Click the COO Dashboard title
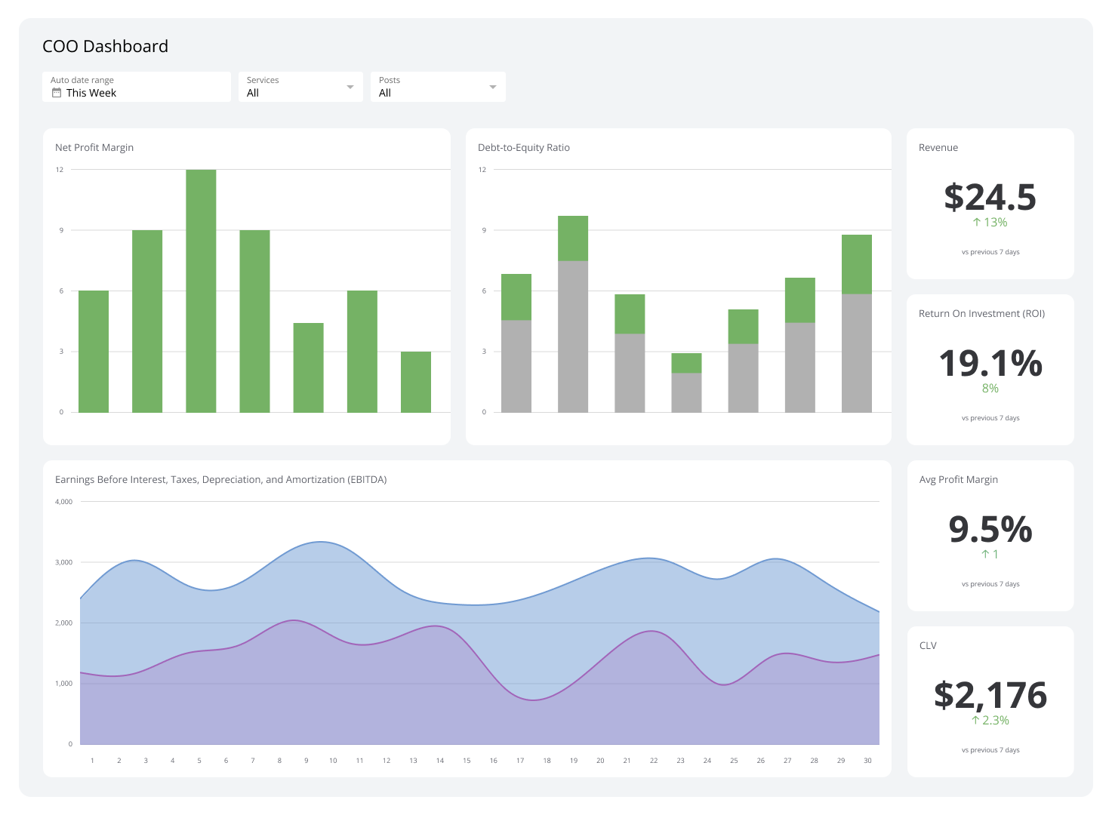point(105,46)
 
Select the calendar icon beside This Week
point(56,93)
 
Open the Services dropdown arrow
point(350,87)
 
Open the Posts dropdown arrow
point(492,87)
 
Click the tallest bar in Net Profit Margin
point(201,291)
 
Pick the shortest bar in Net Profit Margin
point(415,382)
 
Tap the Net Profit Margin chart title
point(94,147)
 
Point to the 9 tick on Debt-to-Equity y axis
point(484,230)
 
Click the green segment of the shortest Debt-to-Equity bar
point(686,363)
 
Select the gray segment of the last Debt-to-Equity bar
point(856,352)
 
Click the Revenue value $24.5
point(990,197)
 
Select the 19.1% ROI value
point(990,363)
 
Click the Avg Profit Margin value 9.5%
point(990,529)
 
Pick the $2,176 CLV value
point(990,695)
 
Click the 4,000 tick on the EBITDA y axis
point(64,502)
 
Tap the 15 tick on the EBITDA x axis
point(467,761)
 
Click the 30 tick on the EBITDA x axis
point(867,761)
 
